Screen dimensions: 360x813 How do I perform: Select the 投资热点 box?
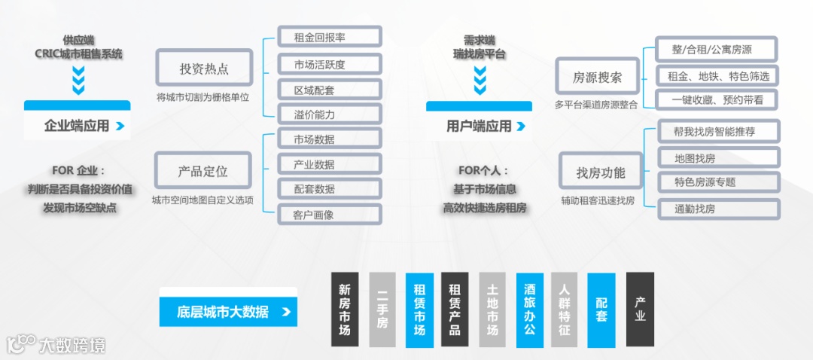coord(204,69)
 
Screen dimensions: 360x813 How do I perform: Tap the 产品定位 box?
coord(203,171)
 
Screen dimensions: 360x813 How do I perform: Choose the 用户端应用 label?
coord(480,126)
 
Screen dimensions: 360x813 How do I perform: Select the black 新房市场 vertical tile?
coord(345,310)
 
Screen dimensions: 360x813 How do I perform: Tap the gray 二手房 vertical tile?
coord(382,310)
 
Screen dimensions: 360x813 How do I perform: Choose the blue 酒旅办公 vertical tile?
coord(529,310)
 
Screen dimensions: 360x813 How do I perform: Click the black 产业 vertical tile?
coord(640,310)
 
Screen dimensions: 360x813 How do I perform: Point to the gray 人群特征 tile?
coord(565,310)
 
